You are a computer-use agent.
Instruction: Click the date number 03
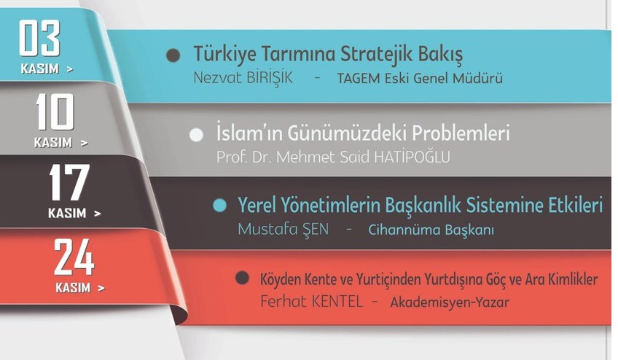39,38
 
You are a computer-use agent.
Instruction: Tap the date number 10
55,112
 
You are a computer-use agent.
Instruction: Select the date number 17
69,182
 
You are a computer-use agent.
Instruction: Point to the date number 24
74,257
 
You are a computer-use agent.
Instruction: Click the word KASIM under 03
40,69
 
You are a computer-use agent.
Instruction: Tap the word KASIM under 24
73,287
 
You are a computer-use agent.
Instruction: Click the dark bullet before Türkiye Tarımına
173,55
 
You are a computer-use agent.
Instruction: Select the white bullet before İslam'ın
196,135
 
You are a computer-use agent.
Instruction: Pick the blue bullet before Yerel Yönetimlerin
219,206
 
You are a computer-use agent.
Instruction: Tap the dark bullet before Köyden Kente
242,278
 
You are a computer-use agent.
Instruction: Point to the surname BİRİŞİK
270,78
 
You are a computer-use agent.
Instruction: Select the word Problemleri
461,133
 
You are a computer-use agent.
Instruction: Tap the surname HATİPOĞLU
412,157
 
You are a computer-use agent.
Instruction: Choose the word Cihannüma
398,230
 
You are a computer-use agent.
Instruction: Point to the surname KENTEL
337,302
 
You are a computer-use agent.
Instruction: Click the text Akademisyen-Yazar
450,302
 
